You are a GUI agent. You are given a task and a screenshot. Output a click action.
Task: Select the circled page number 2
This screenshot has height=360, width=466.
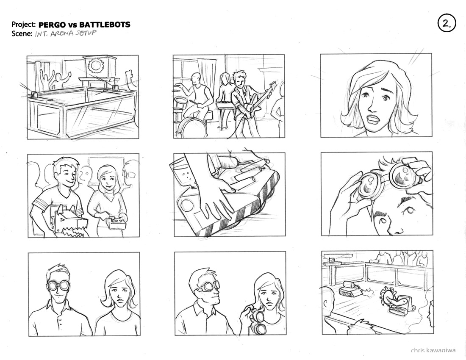(447, 23)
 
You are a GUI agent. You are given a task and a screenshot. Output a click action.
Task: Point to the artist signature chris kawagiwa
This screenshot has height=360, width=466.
(433, 350)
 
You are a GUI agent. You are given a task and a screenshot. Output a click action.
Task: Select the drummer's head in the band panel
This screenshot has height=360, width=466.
(196, 78)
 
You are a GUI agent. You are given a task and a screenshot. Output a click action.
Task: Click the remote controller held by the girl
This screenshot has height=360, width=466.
(116, 223)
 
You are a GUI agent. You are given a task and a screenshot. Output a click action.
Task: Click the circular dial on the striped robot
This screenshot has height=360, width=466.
(188, 205)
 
